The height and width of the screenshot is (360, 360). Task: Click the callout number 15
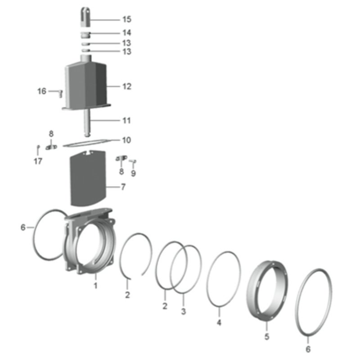pos(126,19)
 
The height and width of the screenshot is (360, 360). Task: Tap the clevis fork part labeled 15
pos(85,17)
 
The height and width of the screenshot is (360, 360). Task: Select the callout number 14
pos(126,33)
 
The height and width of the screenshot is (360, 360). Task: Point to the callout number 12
pos(127,86)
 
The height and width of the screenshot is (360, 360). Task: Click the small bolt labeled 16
pos(60,94)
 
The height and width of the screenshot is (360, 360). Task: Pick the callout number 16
pos(42,91)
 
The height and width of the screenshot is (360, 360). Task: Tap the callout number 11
pos(126,121)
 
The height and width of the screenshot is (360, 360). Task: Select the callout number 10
pos(126,140)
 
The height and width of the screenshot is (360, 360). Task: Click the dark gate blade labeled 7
pos(88,178)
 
